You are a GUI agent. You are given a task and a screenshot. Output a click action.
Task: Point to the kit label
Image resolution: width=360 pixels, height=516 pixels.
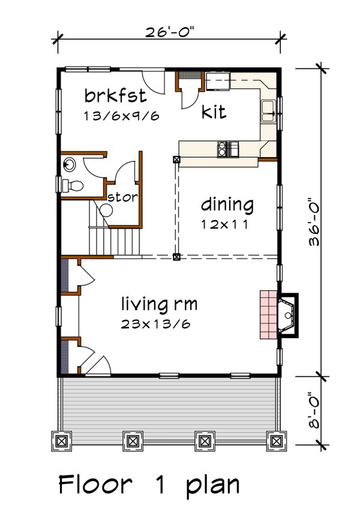click(214, 112)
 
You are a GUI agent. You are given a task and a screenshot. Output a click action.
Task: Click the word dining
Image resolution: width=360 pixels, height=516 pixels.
click(227, 205)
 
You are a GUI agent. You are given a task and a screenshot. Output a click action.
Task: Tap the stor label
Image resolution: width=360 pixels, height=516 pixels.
click(123, 196)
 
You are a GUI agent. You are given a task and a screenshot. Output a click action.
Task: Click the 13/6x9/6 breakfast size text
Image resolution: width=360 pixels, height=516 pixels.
click(122, 116)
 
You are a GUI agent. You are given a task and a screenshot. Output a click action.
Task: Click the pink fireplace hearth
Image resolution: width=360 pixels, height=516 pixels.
click(268, 315)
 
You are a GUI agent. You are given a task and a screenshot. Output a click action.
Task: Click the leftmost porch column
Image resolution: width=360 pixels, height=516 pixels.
click(61, 441)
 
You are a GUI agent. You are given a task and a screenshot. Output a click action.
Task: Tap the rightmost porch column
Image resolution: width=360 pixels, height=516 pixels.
click(277, 441)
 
